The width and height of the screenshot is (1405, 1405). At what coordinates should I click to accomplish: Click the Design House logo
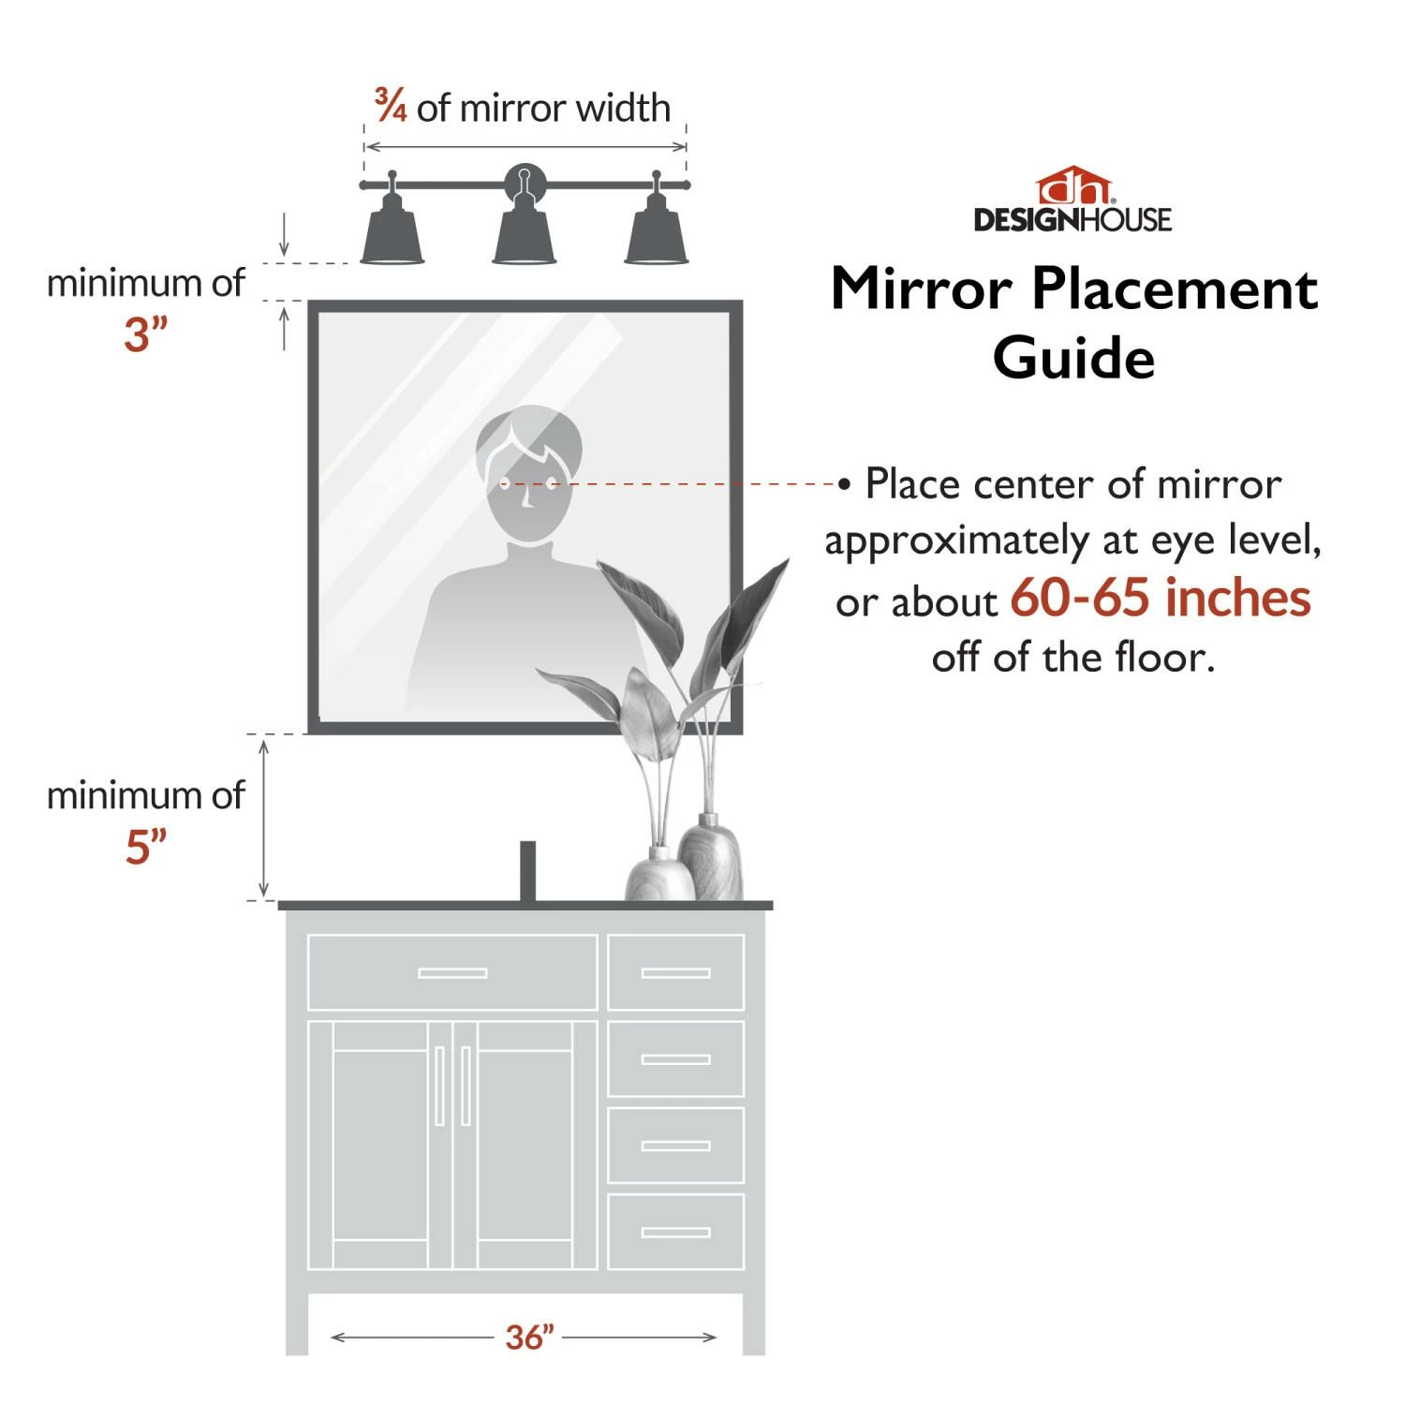coord(1072,200)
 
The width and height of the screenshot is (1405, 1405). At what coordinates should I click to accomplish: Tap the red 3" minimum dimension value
coord(145,334)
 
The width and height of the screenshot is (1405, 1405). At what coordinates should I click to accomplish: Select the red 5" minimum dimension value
coord(145,847)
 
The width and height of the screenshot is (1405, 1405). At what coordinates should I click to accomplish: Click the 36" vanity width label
coord(529,1337)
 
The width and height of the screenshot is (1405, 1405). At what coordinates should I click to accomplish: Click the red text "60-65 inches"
coord(1160,598)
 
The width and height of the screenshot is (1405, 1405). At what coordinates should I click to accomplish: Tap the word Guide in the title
coord(1073,359)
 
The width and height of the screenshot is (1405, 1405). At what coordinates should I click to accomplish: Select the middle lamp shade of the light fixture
coord(525,238)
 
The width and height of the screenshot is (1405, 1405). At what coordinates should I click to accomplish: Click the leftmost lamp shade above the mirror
coord(392,238)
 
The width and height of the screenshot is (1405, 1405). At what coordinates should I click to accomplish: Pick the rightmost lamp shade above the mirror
coord(657,238)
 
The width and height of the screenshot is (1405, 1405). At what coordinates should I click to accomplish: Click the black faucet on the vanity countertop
coord(527,871)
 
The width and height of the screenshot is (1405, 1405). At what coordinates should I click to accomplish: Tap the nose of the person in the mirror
coord(527,498)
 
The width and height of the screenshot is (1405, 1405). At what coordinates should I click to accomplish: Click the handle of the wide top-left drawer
coord(452,973)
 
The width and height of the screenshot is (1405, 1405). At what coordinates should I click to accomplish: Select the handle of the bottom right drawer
coord(675,1232)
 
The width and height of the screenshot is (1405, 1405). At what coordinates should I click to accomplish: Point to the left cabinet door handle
coord(439,1086)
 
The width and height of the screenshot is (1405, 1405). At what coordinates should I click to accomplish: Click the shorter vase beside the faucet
coord(658,876)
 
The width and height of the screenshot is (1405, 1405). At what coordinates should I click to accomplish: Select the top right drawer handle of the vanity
coord(675,973)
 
